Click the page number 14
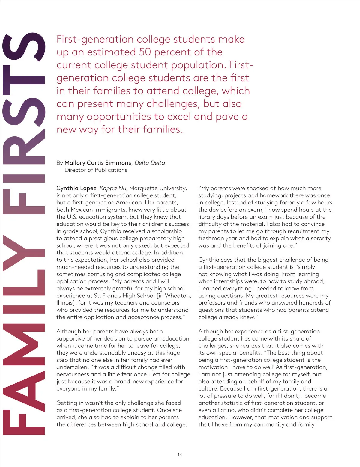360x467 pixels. [x=180, y=454]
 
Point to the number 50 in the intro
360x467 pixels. [x=145, y=52]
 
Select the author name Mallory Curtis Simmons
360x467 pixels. [x=98, y=163]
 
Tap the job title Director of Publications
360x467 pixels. [x=96, y=170]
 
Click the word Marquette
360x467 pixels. [x=143, y=188]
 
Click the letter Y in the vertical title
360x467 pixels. [x=24, y=252]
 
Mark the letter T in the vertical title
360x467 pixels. [x=24, y=79]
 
